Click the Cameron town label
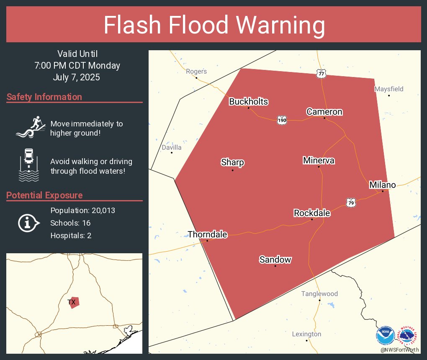(x=324, y=112)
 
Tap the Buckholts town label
(x=248, y=102)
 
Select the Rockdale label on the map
(x=312, y=213)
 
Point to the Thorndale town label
(x=207, y=234)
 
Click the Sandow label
(x=275, y=260)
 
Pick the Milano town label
(x=382, y=185)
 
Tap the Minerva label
(x=319, y=160)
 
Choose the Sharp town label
(x=232, y=162)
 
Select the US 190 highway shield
(x=282, y=121)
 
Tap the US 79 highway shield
(x=351, y=203)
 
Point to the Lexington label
(x=306, y=334)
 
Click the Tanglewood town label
(x=319, y=294)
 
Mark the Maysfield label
(x=388, y=89)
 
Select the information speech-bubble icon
(x=28, y=223)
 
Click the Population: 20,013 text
(x=82, y=210)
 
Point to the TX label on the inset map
(x=71, y=302)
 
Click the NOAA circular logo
(x=385, y=335)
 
